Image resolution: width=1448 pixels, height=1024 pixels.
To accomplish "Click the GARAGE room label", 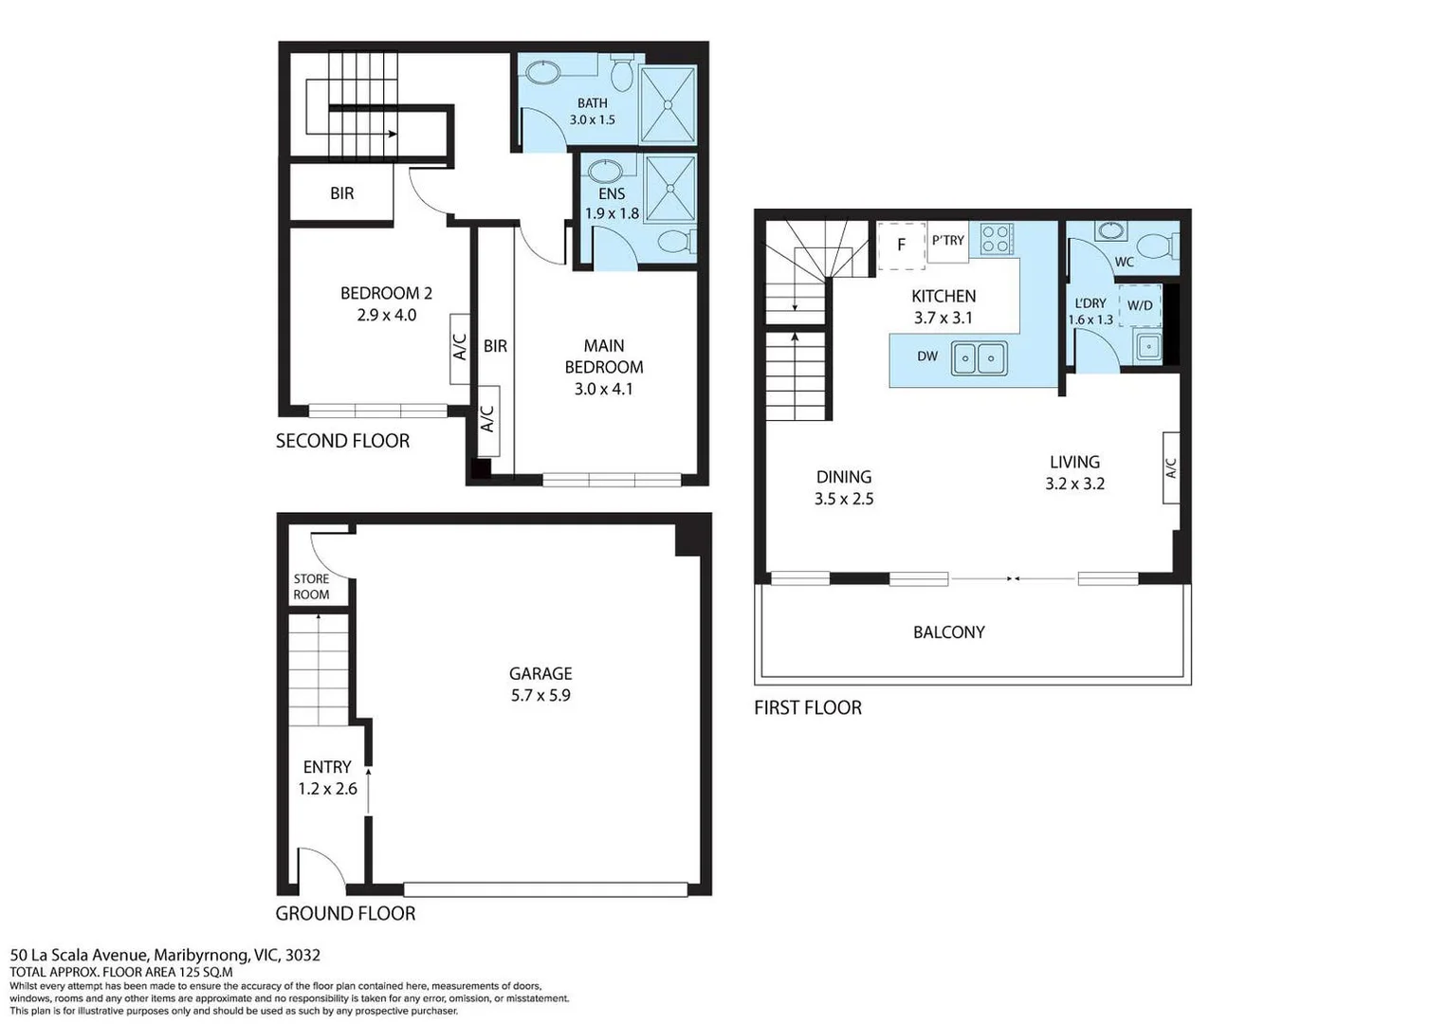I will (541, 673).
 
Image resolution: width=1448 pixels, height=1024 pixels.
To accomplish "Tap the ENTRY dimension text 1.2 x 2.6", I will (327, 789).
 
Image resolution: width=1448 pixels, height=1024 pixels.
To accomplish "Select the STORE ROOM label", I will (311, 587).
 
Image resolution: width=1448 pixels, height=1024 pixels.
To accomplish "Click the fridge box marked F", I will (901, 245).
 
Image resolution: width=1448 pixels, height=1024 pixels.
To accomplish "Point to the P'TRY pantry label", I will (947, 241).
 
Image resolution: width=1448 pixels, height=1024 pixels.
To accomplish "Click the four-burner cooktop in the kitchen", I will (997, 238).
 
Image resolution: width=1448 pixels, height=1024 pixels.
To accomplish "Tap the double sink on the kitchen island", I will (979, 358).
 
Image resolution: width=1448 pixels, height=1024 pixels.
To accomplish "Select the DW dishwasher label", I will (927, 357).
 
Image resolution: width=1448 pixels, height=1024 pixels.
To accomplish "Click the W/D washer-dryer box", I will (1140, 305).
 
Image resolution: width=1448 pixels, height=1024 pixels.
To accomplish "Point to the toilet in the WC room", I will (1157, 246).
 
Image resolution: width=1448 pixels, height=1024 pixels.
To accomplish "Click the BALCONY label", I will (948, 632).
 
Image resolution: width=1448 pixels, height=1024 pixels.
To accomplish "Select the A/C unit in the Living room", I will (1171, 467).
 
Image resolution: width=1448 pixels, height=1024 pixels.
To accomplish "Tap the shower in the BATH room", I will (669, 104).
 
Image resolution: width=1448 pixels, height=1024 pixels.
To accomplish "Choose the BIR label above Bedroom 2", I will (341, 193).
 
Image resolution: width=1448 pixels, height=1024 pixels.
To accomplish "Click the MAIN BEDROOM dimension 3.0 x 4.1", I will (603, 389).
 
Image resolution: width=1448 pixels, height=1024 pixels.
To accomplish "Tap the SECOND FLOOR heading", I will (342, 441).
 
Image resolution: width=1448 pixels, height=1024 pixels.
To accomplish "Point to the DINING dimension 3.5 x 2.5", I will (844, 499).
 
